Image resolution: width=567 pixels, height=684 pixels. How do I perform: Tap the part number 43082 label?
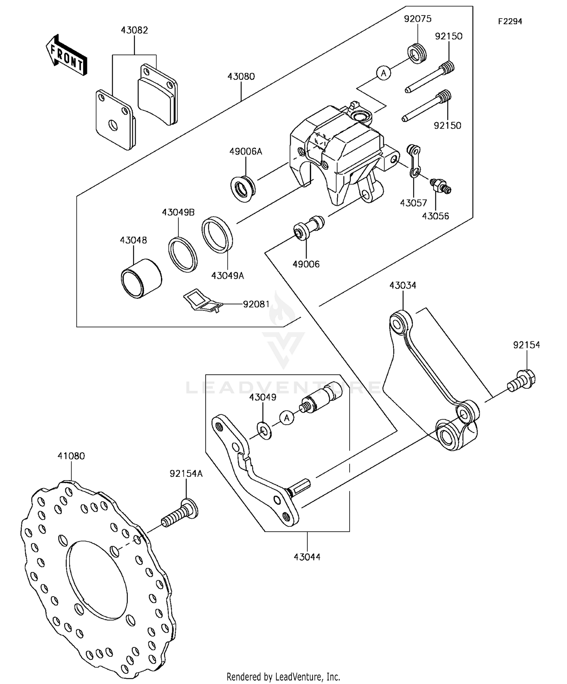pyautogui.click(x=134, y=30)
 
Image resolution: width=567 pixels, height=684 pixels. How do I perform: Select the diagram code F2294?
pyautogui.click(x=510, y=22)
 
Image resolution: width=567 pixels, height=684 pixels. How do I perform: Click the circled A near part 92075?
pyautogui.click(x=384, y=73)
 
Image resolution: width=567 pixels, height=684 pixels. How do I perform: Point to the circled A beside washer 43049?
pyautogui.click(x=287, y=418)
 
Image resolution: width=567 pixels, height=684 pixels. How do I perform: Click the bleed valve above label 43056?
pyautogui.click(x=441, y=186)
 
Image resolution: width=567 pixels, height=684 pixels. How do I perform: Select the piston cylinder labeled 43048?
pyautogui.click(x=141, y=279)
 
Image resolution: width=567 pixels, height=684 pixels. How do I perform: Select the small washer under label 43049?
pyautogui.click(x=264, y=430)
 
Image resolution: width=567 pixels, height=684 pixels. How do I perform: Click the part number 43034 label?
pyautogui.click(x=403, y=285)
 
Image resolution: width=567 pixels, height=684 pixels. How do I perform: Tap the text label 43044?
pyautogui.click(x=307, y=557)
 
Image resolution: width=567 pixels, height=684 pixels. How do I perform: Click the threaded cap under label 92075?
pyautogui.click(x=418, y=53)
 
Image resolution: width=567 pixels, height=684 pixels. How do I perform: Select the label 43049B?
pyautogui.click(x=178, y=212)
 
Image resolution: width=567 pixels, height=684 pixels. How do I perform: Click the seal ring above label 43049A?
pyautogui.click(x=217, y=234)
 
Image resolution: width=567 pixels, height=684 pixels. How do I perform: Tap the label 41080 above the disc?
pyautogui.click(x=71, y=456)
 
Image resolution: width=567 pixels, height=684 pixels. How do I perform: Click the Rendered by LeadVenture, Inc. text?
pyautogui.click(x=283, y=676)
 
